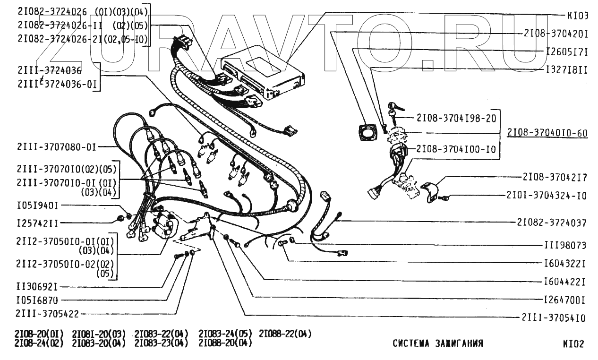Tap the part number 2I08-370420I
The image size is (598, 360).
point(555,34)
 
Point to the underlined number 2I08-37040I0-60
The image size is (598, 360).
point(547,133)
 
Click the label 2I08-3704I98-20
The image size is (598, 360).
point(456,118)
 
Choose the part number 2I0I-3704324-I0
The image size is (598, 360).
point(546,195)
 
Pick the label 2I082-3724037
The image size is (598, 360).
point(551,223)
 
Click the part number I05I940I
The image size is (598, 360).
point(37,206)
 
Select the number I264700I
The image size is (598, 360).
point(565,300)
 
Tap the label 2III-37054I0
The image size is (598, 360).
point(554,318)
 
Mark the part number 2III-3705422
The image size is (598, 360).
point(47,314)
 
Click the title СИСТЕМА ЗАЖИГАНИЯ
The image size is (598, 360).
point(438,343)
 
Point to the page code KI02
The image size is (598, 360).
point(573,344)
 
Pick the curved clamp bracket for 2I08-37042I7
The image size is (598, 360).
point(430,191)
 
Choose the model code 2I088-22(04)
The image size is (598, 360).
point(285,334)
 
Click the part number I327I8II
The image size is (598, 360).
point(566,69)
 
